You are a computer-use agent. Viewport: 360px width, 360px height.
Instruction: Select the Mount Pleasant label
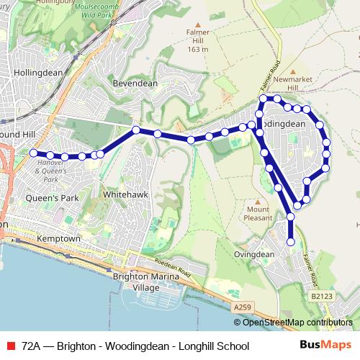tap(258, 213)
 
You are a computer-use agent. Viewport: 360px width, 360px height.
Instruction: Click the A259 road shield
tap(243, 307)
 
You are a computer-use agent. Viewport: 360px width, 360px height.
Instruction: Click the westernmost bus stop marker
tap(33, 153)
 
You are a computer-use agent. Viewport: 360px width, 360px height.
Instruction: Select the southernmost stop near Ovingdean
tap(291, 242)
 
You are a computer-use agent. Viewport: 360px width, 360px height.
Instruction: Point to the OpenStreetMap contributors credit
tap(297, 323)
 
